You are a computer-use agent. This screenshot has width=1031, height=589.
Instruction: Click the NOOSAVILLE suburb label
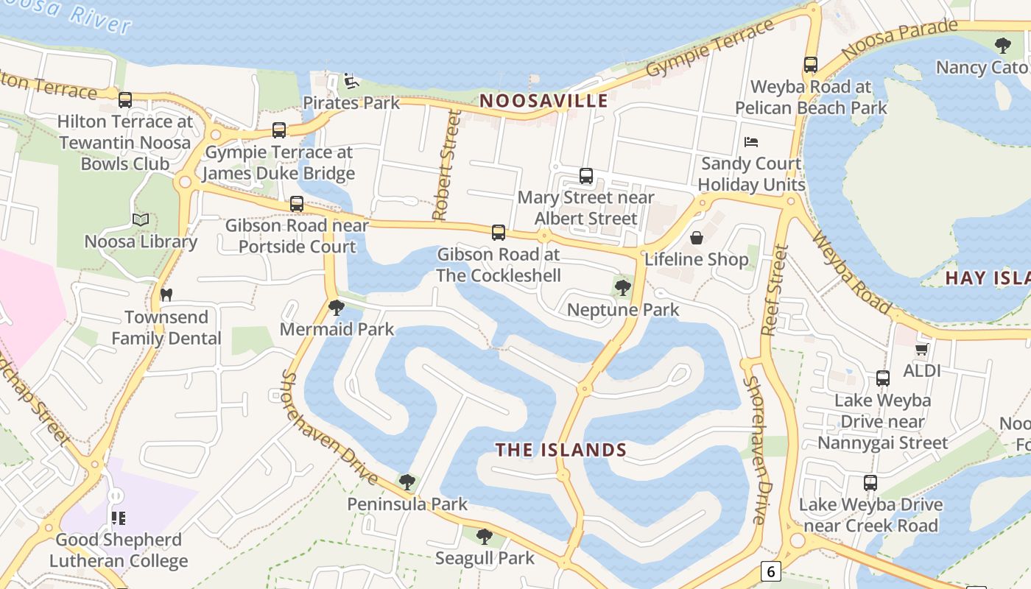[x=543, y=101]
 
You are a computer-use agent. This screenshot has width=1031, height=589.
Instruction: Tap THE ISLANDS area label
[x=561, y=450]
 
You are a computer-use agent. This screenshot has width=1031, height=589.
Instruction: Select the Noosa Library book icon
[x=141, y=219]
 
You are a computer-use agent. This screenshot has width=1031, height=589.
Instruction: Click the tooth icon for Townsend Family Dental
[x=166, y=294]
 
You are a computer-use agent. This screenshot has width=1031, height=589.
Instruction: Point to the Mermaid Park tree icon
[x=337, y=307]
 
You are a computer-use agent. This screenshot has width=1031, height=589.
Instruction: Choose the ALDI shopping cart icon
[x=921, y=349]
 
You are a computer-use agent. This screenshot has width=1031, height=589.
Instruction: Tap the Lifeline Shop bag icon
[x=696, y=238]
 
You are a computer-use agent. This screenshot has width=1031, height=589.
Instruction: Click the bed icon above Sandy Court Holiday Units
[x=751, y=141]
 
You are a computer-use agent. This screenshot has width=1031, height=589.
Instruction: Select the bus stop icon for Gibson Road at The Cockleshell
[x=499, y=233]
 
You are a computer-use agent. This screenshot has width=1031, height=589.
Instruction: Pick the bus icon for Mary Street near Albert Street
[x=586, y=176]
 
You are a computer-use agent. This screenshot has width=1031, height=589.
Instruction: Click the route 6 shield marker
[x=770, y=571]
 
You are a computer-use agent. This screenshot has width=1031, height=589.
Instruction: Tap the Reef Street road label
[x=773, y=290]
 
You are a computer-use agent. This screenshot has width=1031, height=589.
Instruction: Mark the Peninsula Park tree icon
[x=407, y=482]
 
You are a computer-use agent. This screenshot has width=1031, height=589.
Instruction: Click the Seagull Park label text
[x=485, y=558]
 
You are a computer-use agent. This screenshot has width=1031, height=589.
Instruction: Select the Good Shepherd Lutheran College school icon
[x=118, y=518]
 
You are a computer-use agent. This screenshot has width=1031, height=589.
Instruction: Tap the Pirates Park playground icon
[x=351, y=80]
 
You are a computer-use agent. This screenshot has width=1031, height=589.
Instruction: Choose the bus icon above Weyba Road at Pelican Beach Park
[x=811, y=65]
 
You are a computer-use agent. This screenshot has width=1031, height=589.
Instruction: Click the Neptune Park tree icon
[x=623, y=288]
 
